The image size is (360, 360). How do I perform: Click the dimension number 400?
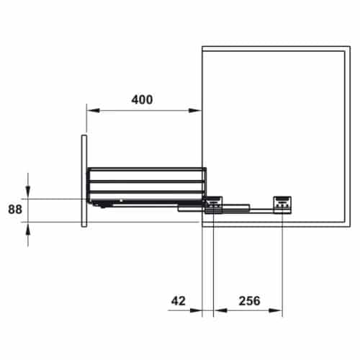(x=142, y=99)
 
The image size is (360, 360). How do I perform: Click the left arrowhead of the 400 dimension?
(x=91, y=110)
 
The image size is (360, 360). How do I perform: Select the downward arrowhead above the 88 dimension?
(x=28, y=193)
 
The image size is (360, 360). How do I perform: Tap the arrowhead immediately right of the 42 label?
(x=198, y=312)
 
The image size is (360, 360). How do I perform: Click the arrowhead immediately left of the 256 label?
(x=218, y=312)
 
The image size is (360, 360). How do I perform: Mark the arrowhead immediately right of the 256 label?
(x=277, y=312)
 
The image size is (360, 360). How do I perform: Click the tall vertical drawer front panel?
(x=84, y=180)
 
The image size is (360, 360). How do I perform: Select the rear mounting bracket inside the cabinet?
(x=282, y=204)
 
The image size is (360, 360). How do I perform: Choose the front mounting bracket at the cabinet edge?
(x=214, y=206)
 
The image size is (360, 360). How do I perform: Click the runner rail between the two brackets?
(x=245, y=210)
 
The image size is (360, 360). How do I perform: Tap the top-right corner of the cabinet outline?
(x=350, y=48)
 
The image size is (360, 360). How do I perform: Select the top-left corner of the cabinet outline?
(x=202, y=48)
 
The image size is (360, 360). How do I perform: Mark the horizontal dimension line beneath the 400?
(x=144, y=110)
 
